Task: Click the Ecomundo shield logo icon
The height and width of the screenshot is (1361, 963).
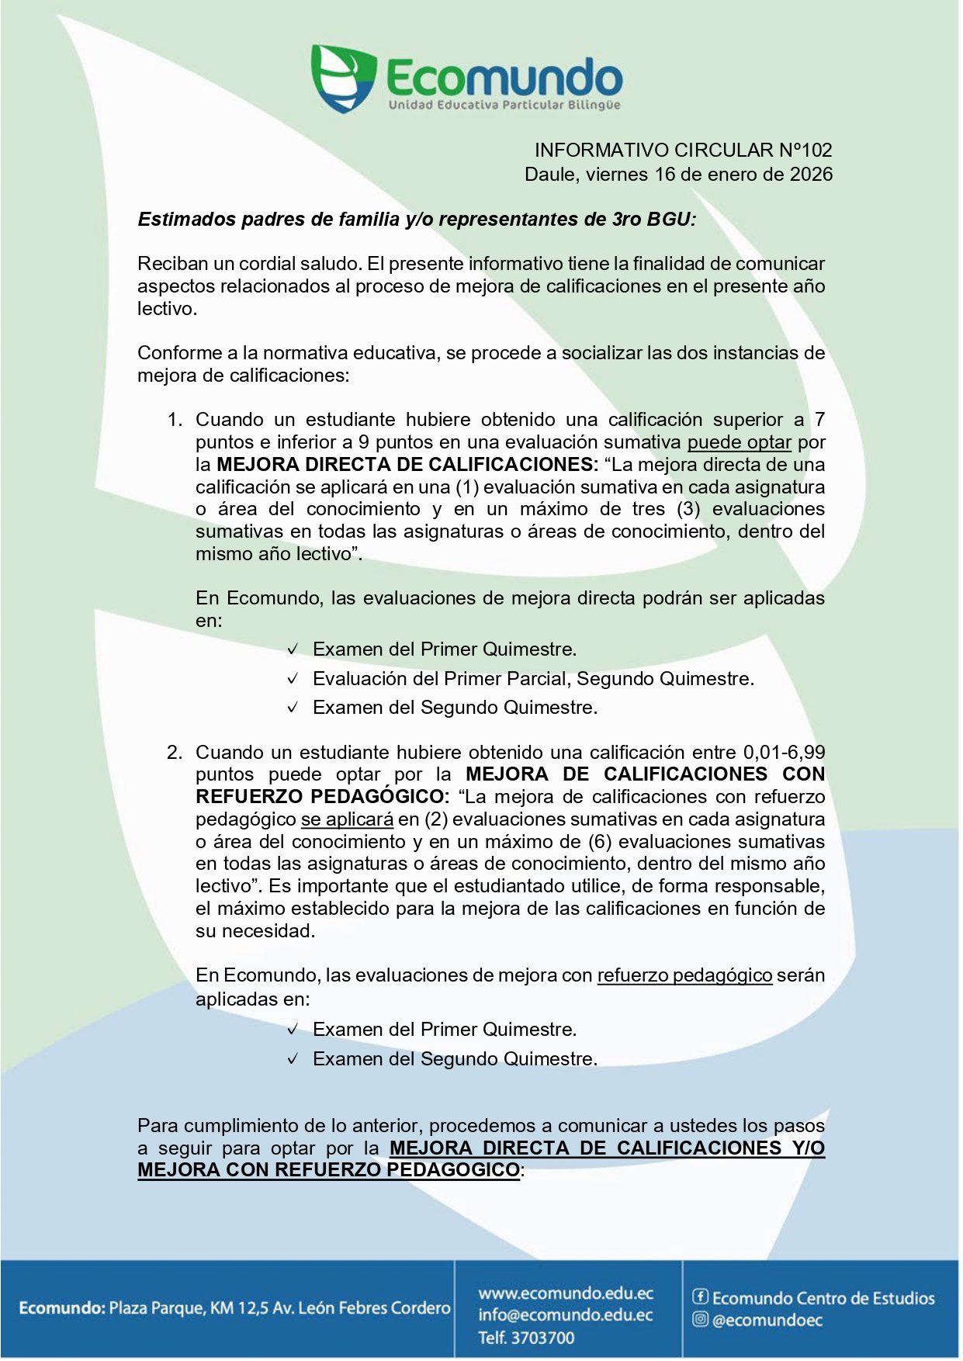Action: click(x=343, y=78)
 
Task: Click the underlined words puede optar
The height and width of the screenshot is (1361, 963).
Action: click(x=739, y=442)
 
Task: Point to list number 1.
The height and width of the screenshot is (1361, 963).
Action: click(x=175, y=420)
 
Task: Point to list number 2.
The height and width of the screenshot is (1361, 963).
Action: click(x=175, y=753)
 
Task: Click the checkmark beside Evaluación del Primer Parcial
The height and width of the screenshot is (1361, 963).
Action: click(x=293, y=679)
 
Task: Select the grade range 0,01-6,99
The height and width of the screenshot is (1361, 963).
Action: click(x=784, y=753)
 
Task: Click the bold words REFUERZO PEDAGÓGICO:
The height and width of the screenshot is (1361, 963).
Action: click(x=322, y=797)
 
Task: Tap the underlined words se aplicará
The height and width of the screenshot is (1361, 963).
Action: click(x=347, y=819)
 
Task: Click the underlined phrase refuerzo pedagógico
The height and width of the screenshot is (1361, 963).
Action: click(x=684, y=975)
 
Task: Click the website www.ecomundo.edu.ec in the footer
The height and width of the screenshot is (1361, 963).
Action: click(x=566, y=1293)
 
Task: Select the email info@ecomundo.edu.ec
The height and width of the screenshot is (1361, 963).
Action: click(x=566, y=1315)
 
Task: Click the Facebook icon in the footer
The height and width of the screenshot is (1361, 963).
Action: click(x=700, y=1297)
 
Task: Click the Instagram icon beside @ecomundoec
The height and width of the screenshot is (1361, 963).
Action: click(x=700, y=1319)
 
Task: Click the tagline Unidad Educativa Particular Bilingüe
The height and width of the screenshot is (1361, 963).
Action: click(x=504, y=105)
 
